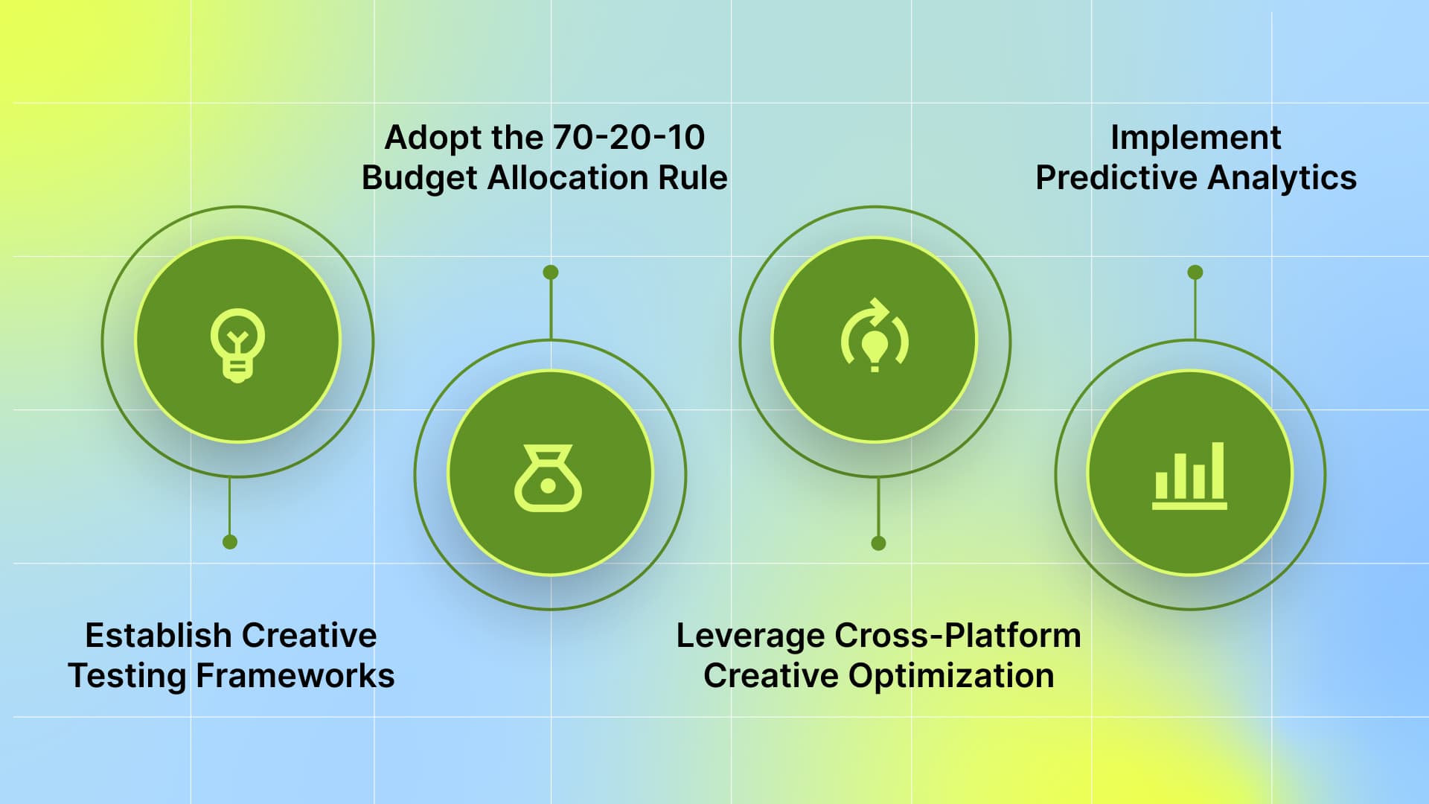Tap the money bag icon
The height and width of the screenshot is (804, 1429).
coord(549,478)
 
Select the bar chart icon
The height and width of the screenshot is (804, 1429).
coord(1189,476)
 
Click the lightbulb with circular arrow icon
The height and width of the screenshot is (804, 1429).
coord(875,337)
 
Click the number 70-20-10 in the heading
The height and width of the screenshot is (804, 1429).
coord(628,138)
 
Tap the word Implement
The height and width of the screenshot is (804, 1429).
coord(1195,138)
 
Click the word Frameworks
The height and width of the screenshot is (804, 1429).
coord(295,676)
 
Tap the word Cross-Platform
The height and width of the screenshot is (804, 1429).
coord(958,636)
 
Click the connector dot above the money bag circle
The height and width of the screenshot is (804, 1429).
coord(551,272)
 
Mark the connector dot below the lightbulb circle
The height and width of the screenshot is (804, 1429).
coord(230,542)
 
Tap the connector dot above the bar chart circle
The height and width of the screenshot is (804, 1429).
coord(1195,272)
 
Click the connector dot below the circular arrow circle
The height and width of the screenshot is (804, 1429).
coord(878,543)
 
